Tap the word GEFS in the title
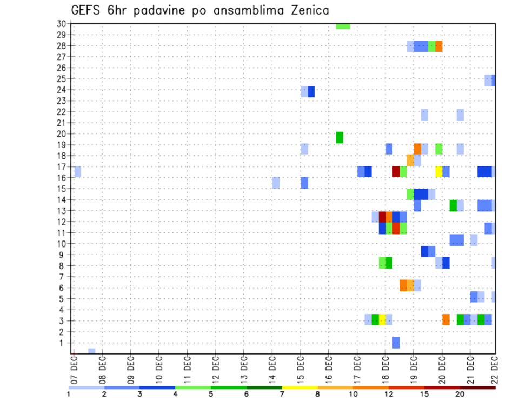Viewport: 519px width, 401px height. [88, 10]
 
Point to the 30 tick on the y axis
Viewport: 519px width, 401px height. [61, 23]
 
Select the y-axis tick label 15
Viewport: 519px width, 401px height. [61, 189]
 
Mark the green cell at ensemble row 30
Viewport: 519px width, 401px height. [343, 26]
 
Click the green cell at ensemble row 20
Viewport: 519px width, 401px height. [340, 137]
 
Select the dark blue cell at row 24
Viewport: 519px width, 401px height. [311, 92]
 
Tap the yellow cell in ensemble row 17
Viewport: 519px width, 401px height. [438, 171]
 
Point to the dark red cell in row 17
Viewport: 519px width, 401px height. [396, 171]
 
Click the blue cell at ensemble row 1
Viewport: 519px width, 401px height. [396, 342]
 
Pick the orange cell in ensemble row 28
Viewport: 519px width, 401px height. [438, 46]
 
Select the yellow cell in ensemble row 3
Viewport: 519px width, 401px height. [382, 319]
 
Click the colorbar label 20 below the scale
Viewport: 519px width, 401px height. [460, 394]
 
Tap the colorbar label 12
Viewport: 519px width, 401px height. [389, 394]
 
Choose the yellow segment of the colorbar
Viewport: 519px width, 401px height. [300, 387]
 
